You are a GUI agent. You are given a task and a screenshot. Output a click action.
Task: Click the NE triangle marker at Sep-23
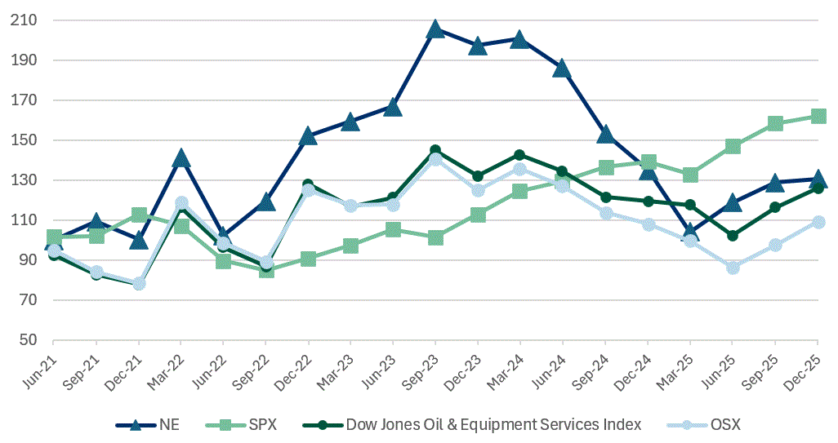435,29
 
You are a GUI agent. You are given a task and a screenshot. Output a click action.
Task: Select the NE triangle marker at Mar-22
181,158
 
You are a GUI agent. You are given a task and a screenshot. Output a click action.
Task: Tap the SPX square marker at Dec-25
818,117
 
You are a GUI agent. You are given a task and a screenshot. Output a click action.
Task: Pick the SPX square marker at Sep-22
266,270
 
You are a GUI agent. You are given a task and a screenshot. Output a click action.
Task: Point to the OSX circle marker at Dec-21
139,284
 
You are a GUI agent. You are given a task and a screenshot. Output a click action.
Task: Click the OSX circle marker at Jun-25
733,268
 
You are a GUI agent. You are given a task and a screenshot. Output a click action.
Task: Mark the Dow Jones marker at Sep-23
435,151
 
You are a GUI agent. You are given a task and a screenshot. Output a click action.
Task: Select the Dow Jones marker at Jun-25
733,236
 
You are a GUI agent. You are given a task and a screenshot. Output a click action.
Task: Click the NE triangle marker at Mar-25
690,233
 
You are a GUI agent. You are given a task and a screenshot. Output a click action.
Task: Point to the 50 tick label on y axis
31,341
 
